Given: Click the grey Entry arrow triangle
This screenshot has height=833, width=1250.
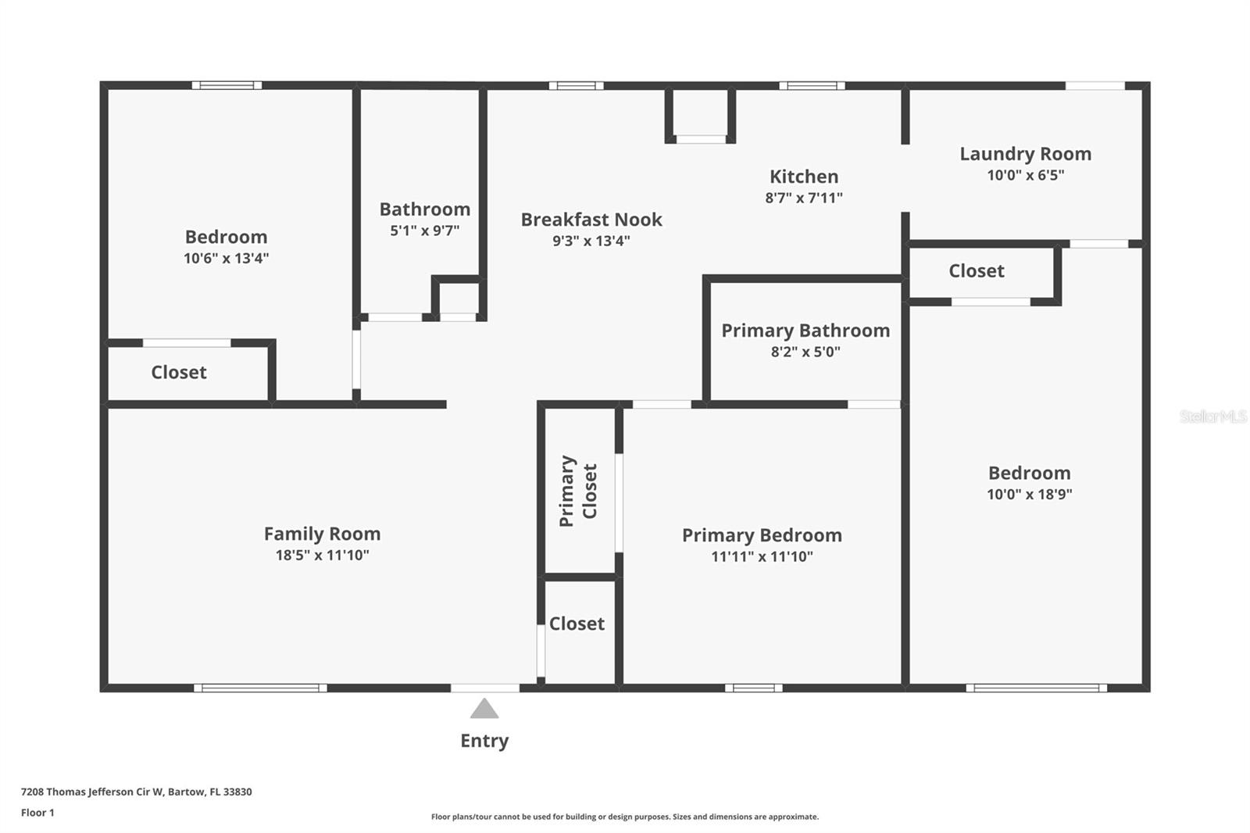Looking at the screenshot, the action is coord(484,709).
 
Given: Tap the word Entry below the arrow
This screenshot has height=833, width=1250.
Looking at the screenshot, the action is coord(484,741).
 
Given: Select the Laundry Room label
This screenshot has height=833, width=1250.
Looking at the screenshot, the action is coord(1025,154).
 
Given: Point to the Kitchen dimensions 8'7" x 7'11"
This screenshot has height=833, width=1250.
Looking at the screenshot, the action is coord(804,198).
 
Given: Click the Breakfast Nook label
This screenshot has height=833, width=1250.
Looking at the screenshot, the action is coord(591,220).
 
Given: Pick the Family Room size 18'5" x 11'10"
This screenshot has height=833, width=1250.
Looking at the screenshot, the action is coord(322,555).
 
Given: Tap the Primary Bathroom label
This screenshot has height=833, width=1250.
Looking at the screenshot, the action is coord(805,331).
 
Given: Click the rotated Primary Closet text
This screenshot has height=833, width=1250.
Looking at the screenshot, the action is coord(578,491).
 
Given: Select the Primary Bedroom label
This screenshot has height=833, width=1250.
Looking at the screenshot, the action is coord(762,535).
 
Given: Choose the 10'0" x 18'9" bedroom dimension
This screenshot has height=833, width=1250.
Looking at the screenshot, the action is coord(1029,494).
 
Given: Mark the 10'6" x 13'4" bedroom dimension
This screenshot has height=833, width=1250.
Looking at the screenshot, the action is coord(226,258).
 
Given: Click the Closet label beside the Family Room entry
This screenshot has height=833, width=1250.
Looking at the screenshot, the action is coord(577,624).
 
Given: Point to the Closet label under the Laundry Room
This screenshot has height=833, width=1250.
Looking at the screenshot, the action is coord(977,271).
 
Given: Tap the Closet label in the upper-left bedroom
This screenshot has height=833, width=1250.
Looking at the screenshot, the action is coord(179,373).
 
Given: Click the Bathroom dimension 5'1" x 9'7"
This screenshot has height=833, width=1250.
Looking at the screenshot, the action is coord(425,231).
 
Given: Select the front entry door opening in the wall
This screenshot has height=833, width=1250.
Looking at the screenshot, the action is coord(485,688).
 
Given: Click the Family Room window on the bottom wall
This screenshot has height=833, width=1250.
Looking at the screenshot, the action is coord(260,688).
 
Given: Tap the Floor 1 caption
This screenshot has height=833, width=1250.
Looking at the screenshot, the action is coord(38,813).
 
